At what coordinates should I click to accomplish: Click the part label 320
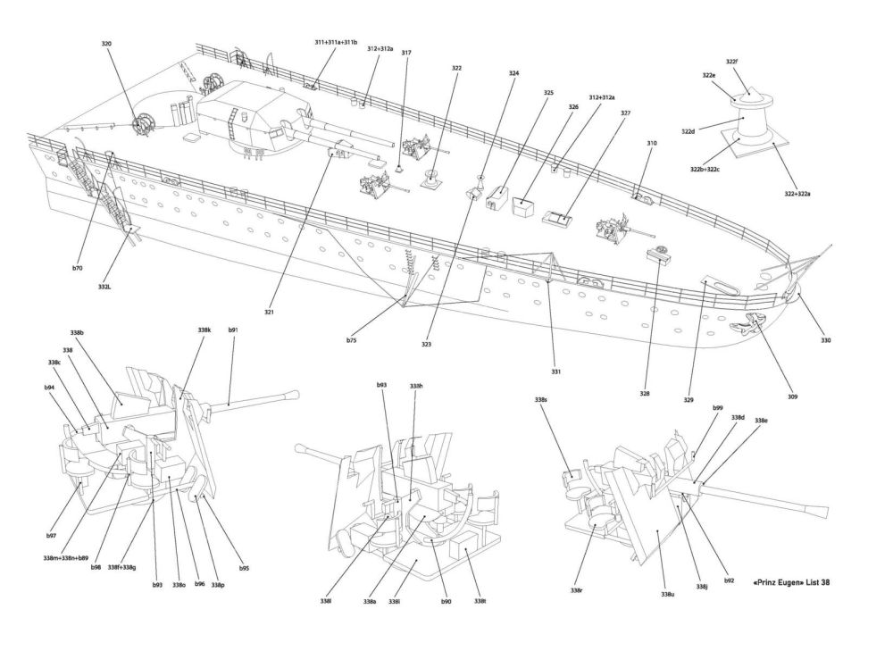point(107,41)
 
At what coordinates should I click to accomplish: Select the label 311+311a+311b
point(336,42)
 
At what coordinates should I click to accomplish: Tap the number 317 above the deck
point(406,53)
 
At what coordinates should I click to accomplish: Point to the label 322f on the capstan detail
point(731,62)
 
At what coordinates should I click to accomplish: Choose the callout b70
point(78,267)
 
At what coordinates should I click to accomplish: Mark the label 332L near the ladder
point(104,287)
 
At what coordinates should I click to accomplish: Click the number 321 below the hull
point(269,312)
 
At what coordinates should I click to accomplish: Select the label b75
point(352,339)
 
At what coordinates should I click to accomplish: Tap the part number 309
point(792,396)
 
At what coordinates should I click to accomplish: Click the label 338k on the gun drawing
point(204,330)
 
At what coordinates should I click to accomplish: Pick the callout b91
point(233,330)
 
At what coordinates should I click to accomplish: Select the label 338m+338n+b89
point(65,557)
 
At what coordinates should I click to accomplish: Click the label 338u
point(667,594)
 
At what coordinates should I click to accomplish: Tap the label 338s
point(540,399)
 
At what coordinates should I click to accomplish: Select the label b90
point(446,601)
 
